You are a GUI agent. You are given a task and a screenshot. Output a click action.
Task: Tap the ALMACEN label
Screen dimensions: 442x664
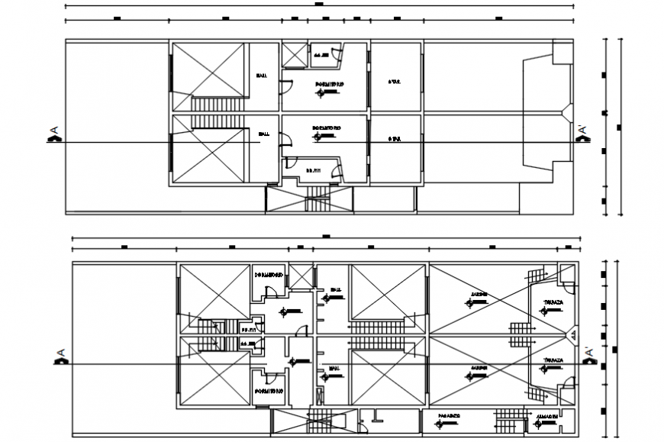tap(547, 417)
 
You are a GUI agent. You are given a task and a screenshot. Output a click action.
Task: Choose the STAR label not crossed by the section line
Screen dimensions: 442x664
tap(394, 81)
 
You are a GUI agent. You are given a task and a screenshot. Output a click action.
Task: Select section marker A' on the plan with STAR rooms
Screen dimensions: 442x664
tap(583, 134)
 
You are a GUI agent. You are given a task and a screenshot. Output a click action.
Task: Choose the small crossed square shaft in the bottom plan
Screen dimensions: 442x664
tap(301, 276)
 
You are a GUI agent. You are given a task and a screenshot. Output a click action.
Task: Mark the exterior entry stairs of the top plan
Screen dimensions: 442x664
tap(317, 202)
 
